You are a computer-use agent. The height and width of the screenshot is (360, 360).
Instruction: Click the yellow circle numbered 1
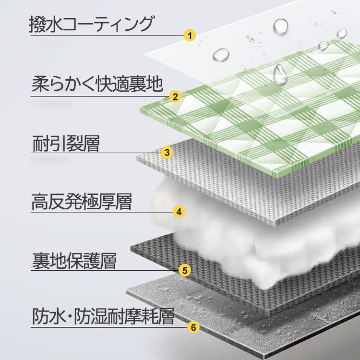click(x=190, y=36)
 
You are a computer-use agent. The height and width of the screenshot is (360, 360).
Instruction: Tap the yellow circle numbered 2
click(x=175, y=96)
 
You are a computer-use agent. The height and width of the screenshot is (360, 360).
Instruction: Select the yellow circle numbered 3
click(x=167, y=153)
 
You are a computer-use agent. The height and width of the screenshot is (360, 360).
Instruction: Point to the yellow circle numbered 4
click(x=179, y=212)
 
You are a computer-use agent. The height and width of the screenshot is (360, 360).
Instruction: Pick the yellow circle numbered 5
click(x=185, y=270)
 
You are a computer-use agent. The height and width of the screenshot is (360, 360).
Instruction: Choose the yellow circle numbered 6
click(x=193, y=327)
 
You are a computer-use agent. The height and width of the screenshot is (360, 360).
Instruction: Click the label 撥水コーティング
click(x=91, y=24)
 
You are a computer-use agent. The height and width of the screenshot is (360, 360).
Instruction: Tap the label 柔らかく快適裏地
click(x=97, y=84)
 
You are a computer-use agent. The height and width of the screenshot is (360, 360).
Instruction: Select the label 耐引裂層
click(x=66, y=143)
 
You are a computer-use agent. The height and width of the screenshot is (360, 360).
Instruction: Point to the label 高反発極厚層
click(x=82, y=202)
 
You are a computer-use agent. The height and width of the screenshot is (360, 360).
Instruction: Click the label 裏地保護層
click(x=74, y=261)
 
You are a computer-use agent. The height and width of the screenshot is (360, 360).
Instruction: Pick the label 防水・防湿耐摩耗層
click(x=103, y=316)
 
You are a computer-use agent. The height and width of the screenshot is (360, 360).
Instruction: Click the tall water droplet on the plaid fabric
click(x=280, y=74)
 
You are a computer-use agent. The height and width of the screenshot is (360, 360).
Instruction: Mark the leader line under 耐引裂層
click(x=96, y=153)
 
